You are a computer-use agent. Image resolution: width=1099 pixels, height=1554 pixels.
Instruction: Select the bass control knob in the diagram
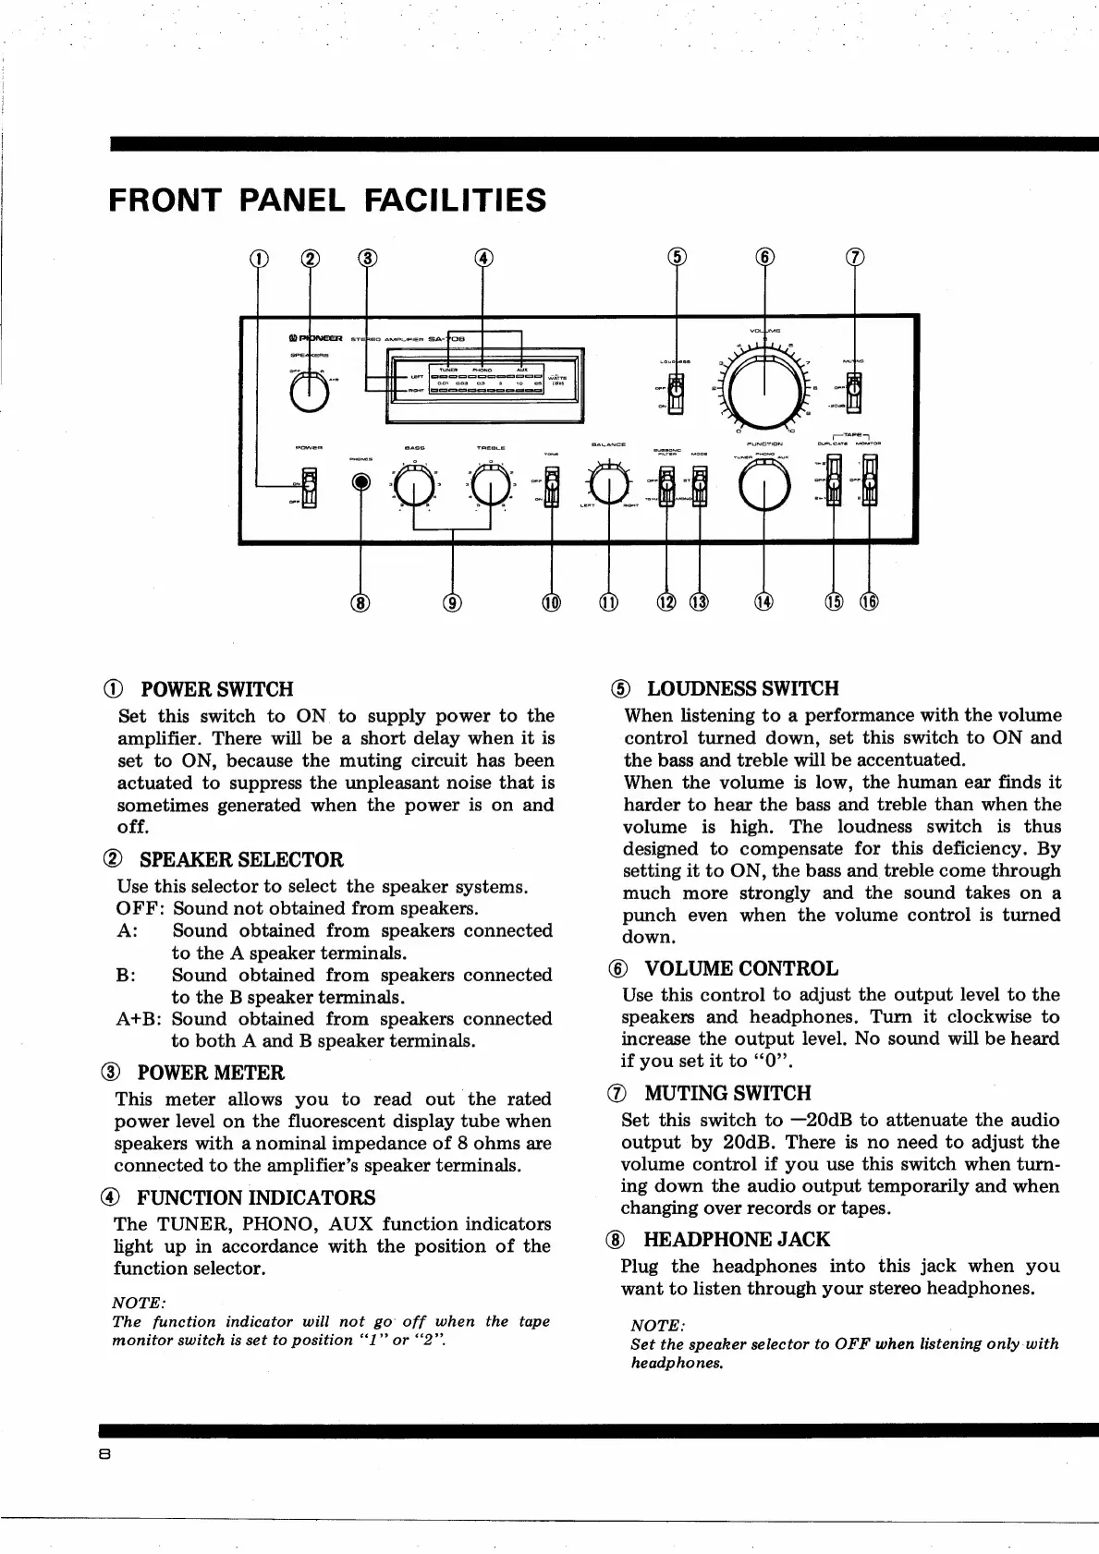[x=414, y=488]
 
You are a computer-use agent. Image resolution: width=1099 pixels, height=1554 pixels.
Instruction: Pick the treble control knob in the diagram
[x=491, y=488]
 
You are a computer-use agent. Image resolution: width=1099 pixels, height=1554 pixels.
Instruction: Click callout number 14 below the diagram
[x=763, y=602]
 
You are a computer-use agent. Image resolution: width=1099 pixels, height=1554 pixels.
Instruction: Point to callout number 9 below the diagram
[x=452, y=603]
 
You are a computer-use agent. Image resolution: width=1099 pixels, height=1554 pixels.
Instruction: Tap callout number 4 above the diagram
[x=482, y=259]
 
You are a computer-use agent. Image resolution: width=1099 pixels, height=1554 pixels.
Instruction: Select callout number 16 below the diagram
[x=869, y=602]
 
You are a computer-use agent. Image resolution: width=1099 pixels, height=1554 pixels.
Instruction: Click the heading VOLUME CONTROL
[x=741, y=968]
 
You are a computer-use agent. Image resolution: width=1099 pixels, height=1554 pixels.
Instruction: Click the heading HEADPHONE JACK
[x=737, y=1240]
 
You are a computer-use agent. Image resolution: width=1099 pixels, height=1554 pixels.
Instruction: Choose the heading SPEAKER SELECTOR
[x=241, y=859]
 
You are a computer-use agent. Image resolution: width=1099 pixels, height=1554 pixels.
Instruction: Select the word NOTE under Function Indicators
[x=139, y=1303]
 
